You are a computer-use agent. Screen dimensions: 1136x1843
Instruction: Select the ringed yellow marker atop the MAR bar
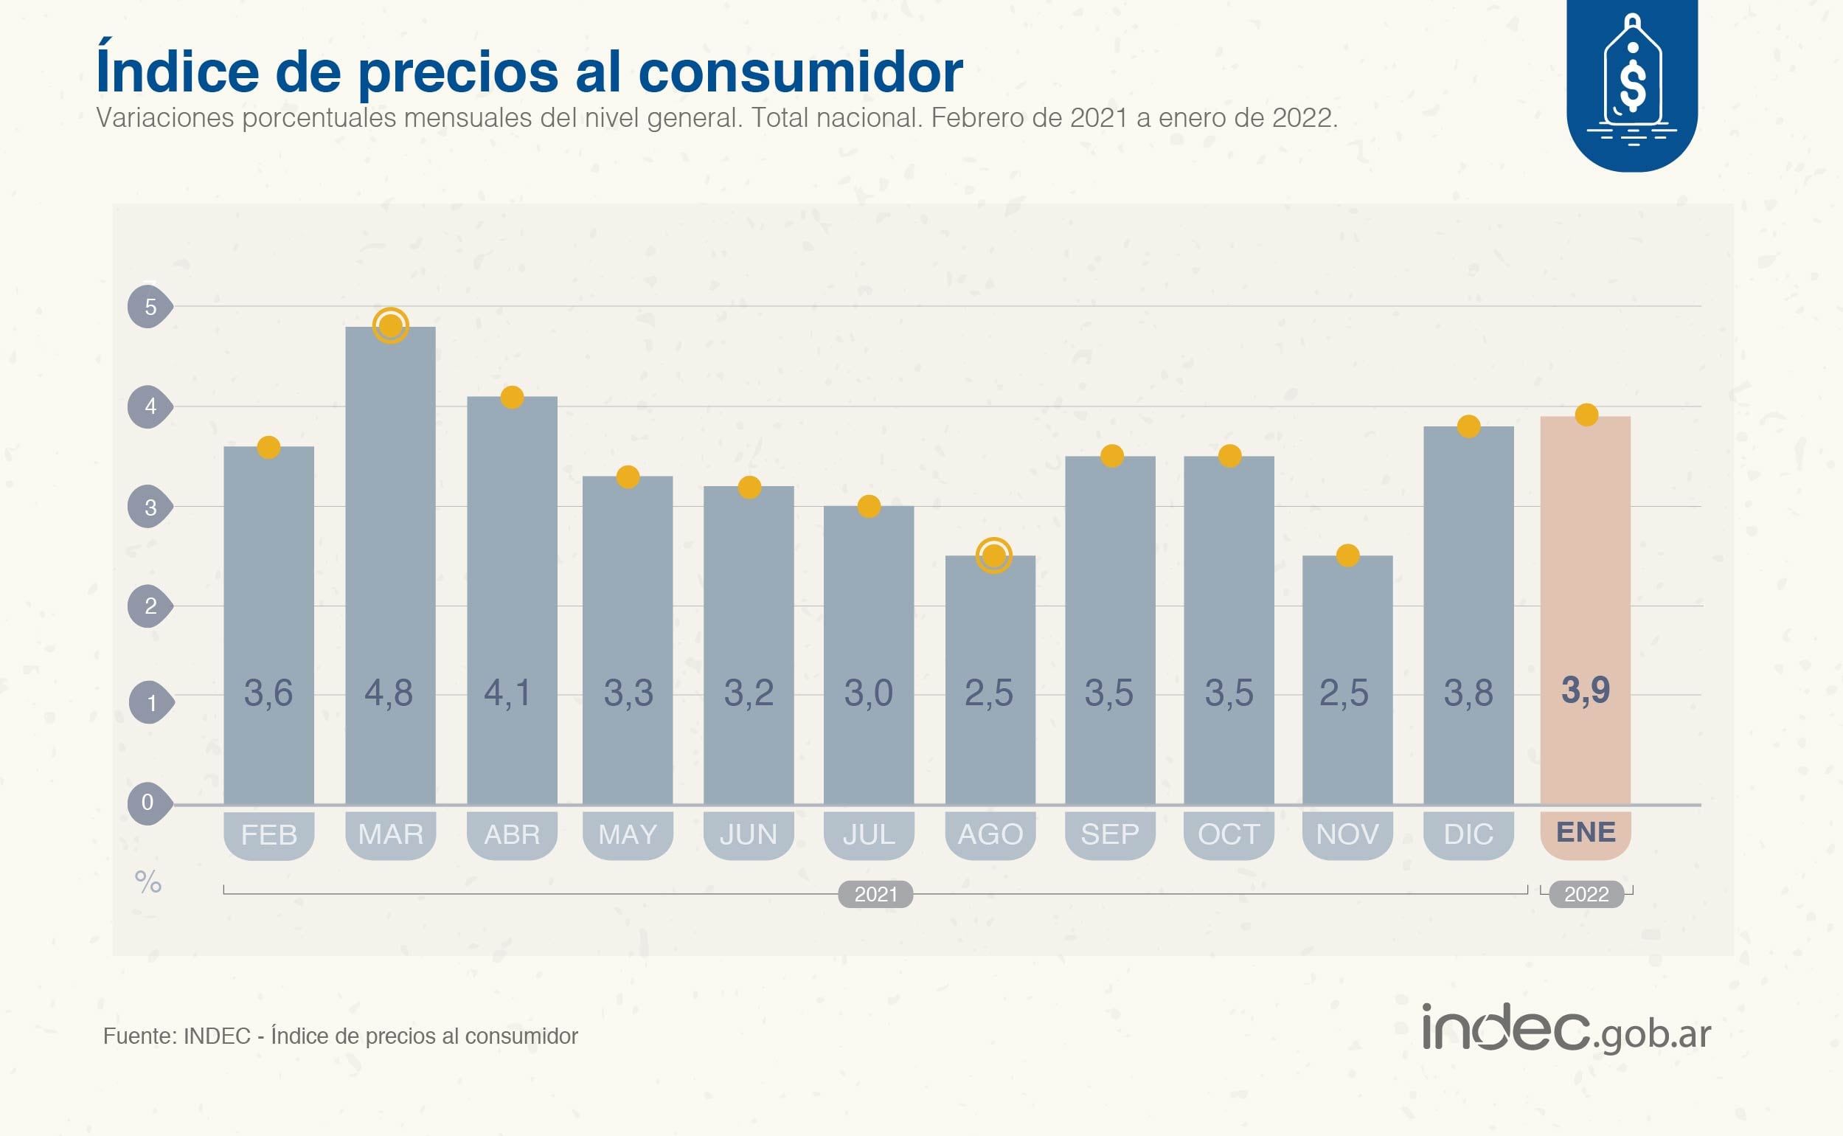391,326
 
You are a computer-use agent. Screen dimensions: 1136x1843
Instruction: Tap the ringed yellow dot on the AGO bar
993,556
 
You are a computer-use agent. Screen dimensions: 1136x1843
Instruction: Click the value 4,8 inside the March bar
388,692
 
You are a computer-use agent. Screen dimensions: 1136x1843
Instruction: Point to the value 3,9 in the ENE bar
1586,690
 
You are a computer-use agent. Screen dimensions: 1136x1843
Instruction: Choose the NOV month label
1347,834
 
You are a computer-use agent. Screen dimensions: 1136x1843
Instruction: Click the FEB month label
269,834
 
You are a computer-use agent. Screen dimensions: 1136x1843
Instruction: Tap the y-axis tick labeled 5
150,307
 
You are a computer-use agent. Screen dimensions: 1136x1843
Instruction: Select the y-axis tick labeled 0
148,803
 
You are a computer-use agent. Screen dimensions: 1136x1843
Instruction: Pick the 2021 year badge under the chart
875,894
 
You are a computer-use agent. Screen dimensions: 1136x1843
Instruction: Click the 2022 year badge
1586,894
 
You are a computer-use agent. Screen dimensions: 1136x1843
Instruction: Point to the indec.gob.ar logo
1566,1030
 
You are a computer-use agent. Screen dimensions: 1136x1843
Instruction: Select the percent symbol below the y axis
148,882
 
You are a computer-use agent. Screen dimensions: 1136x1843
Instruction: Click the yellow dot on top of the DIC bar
1468,427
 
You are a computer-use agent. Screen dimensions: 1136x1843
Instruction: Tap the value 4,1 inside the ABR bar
508,692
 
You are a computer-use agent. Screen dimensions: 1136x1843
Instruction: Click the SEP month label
1109,834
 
